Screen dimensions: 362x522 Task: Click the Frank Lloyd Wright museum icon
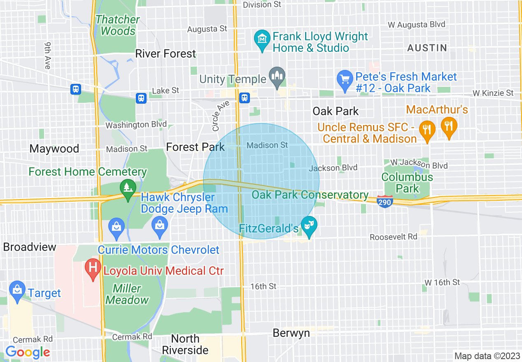click(x=262, y=39)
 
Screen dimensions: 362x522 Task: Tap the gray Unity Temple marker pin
click(x=277, y=76)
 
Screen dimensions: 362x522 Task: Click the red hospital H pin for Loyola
click(x=93, y=268)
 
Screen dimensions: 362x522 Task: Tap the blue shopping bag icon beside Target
click(x=17, y=290)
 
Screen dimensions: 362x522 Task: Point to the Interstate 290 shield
click(x=385, y=201)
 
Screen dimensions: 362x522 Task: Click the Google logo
click(x=28, y=352)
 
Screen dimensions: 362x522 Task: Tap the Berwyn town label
click(x=291, y=333)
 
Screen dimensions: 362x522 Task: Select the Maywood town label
click(x=54, y=149)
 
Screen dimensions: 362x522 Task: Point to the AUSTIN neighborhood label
click(x=427, y=48)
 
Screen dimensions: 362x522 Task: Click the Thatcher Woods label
click(x=118, y=25)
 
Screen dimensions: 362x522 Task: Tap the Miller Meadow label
click(x=127, y=294)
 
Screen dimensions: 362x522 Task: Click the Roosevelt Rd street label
click(x=393, y=237)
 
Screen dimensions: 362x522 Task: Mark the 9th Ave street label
click(x=47, y=55)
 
